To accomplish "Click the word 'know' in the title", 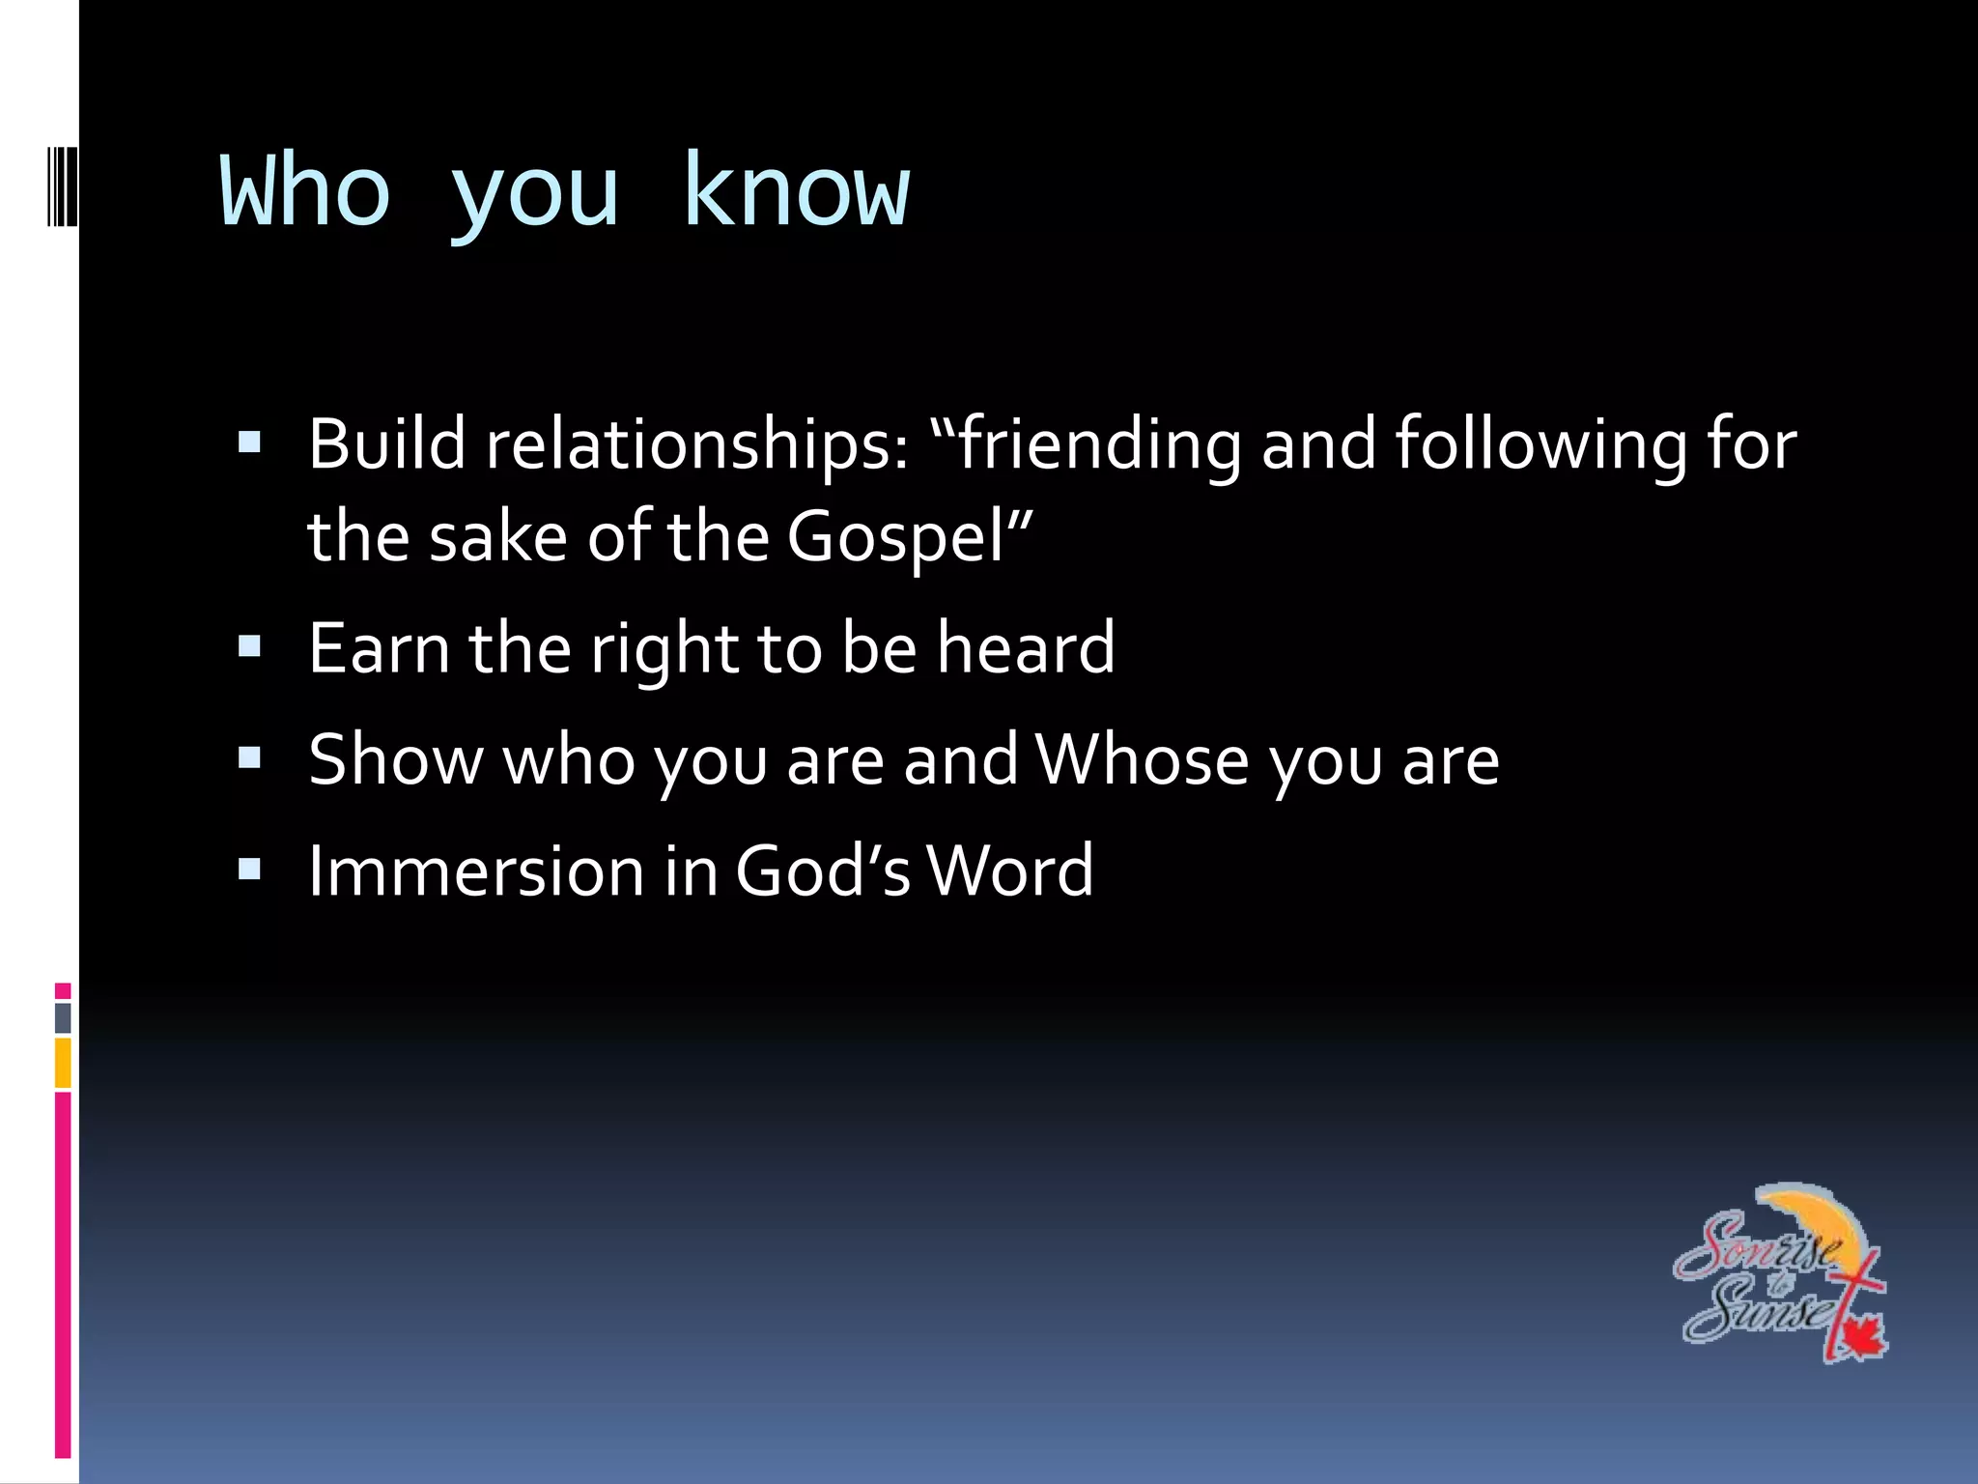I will click(x=796, y=190).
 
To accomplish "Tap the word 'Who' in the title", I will click(x=305, y=190).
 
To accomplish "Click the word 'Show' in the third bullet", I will click(x=396, y=759).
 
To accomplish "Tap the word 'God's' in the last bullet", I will click(x=822, y=871).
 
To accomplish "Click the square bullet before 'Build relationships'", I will click(x=249, y=442).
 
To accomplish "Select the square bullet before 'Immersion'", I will click(x=249, y=870).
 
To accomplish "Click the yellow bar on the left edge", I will click(x=63, y=1063).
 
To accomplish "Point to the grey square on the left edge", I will click(x=63, y=1017).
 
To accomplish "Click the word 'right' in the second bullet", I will click(x=664, y=648).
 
